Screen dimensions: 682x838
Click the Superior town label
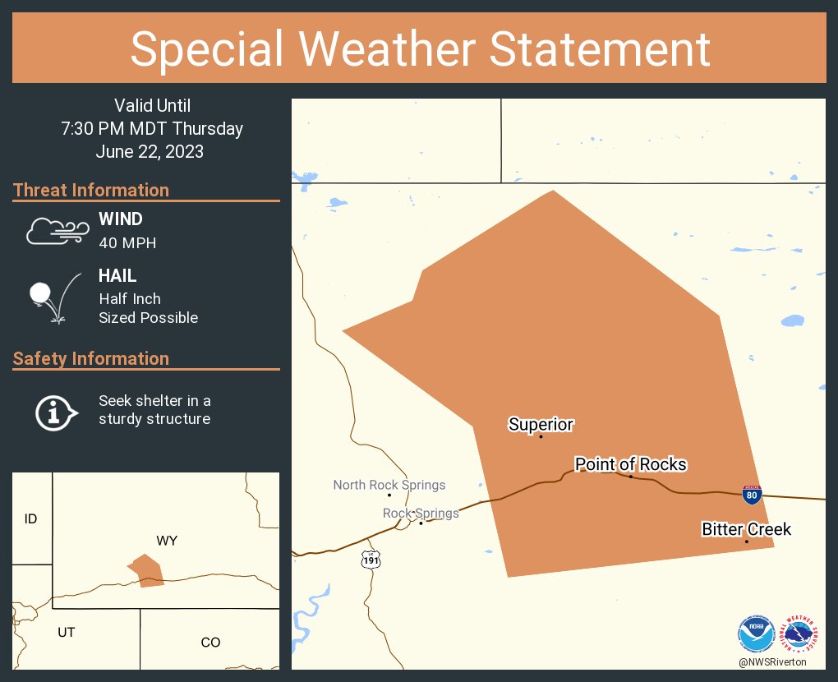click(541, 424)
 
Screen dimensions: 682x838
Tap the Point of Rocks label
click(630, 464)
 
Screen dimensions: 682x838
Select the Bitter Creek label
click(746, 529)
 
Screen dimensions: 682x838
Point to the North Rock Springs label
click(389, 485)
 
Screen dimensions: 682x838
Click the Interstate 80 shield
click(752, 494)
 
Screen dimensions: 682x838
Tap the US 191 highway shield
click(371, 560)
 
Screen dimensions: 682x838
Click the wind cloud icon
click(56, 231)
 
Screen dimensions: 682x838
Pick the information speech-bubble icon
click(56, 411)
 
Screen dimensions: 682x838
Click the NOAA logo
click(757, 634)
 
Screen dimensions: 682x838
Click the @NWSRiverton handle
click(772, 662)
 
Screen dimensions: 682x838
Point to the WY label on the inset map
click(167, 541)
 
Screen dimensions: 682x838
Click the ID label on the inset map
click(30, 518)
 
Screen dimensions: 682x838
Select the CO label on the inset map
click(210, 642)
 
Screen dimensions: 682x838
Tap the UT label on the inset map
click(67, 632)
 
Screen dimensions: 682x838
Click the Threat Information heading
click(91, 190)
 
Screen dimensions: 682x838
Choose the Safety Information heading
click(91, 358)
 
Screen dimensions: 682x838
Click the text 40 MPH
click(127, 242)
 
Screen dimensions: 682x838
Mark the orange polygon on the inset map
click(147, 570)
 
